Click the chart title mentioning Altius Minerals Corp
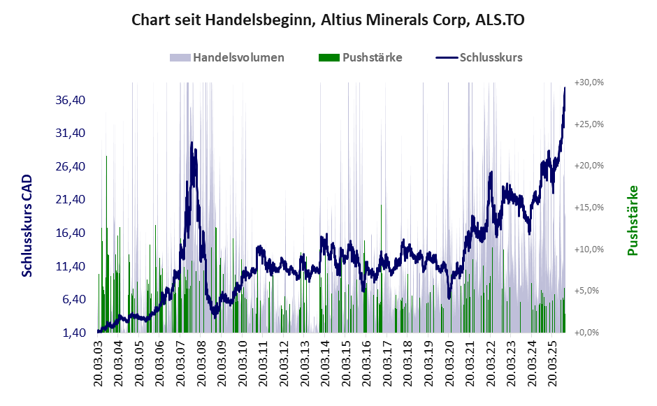click(328, 20)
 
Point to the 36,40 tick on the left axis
click(70, 100)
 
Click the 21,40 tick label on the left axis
click(70, 200)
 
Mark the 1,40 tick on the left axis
click(73, 333)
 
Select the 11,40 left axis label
click(70, 266)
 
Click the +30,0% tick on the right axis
click(589, 82)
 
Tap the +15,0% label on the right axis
click(589, 208)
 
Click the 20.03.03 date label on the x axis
click(99, 363)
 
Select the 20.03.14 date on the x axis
click(327, 363)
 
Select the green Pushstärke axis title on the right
click(633, 220)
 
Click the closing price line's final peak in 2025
click(565, 88)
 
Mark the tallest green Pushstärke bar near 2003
click(106, 157)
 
